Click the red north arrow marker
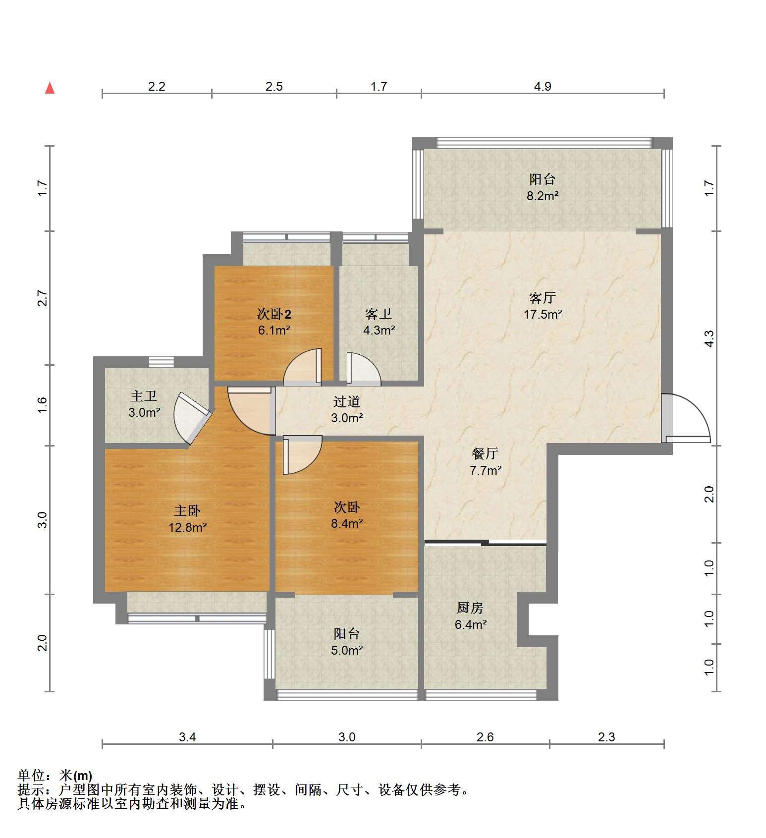point(50,88)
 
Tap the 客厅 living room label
point(542,298)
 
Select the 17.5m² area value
point(543,314)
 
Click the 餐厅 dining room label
point(485,453)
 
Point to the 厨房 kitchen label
point(470,608)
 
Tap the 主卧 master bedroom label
point(187,511)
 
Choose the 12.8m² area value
point(188,527)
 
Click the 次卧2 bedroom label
point(274,314)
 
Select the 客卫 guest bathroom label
point(379,314)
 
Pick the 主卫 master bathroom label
point(144,396)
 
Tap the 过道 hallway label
point(347,401)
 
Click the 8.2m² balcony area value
point(543,196)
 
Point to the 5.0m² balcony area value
point(347,650)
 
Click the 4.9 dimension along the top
point(543,87)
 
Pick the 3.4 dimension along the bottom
point(187,737)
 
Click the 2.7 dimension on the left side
point(42,298)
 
